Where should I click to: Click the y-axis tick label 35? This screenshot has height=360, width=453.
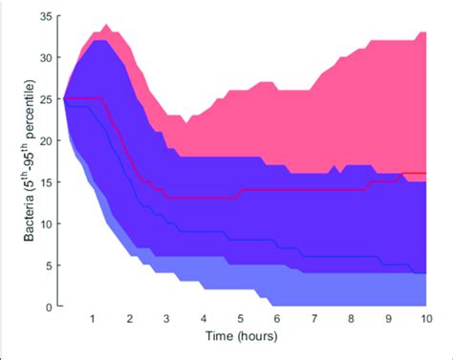coord(45,16)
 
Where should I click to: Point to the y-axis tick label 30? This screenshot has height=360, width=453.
coord(45,57)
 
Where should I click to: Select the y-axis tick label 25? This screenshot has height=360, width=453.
coord(45,99)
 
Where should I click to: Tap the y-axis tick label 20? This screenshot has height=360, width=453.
coord(45,140)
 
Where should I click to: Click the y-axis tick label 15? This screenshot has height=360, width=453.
coord(45,182)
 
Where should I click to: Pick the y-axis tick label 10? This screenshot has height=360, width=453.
coord(45,223)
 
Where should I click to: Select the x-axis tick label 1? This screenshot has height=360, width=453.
coord(93,319)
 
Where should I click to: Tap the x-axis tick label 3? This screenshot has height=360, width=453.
coord(166,319)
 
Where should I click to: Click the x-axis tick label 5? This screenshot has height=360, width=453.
coord(241,319)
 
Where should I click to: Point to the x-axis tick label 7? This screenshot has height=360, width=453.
coord(314,319)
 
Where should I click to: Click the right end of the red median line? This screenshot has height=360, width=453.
coord(425,174)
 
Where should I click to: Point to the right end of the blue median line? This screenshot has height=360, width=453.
coord(425,273)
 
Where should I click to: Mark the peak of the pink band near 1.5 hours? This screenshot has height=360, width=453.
coord(106,25)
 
